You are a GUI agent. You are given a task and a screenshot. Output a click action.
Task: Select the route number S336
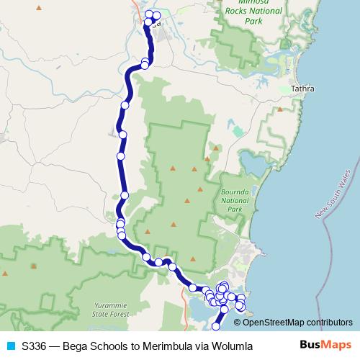point(35,346)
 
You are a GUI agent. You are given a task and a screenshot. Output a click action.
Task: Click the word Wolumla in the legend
point(231,346)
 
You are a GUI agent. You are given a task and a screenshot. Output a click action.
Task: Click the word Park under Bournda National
point(235,210)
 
